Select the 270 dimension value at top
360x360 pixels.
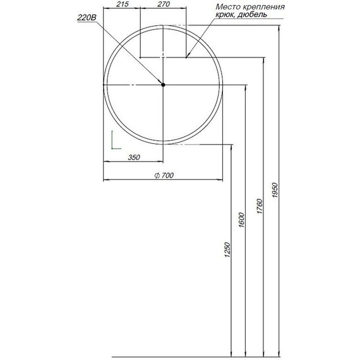coord(163,5)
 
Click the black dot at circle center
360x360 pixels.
coord(162,85)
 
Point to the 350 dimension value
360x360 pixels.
coord(133,158)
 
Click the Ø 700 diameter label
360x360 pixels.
coord(164,176)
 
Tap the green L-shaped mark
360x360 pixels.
coord(113,141)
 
